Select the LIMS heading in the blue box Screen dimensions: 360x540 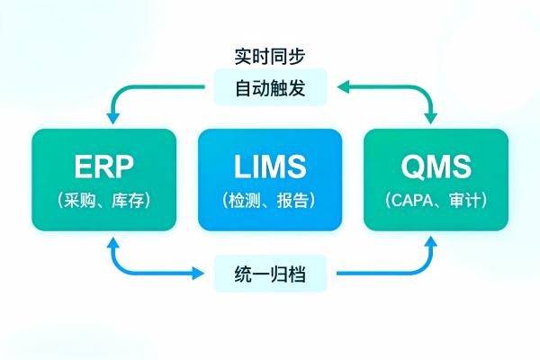[x=269, y=168]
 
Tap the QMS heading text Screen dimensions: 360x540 [x=436, y=168]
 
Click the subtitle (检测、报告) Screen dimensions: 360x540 [x=269, y=200]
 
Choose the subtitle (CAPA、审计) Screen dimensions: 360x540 [x=436, y=200]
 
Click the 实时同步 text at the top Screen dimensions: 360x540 [x=269, y=56]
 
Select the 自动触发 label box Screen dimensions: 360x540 [x=269, y=89]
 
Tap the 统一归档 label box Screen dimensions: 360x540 [x=269, y=273]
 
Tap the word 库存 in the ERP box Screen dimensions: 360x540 [x=124, y=200]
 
